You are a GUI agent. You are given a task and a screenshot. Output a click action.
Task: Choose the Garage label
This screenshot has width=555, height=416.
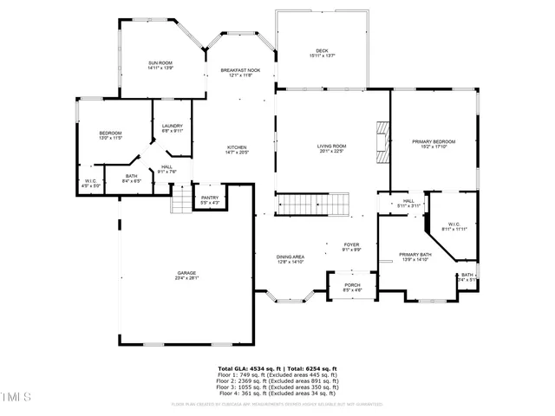pyautogui.click(x=186, y=276)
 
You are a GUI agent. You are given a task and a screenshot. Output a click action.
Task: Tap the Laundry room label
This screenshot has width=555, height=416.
pyautogui.click(x=172, y=128)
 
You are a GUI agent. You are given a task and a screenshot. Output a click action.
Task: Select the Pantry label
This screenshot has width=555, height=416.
pyautogui.click(x=210, y=199)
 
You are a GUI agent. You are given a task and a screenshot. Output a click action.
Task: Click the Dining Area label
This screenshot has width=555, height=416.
pyautogui.click(x=290, y=258)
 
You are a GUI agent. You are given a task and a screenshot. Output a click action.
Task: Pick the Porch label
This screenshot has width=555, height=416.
pyautogui.click(x=352, y=287)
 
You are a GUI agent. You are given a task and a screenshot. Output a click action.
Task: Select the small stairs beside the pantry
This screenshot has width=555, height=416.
pyautogui.click(x=180, y=203)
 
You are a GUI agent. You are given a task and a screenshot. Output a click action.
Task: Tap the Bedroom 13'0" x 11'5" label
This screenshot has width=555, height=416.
pyautogui.click(x=110, y=135)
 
